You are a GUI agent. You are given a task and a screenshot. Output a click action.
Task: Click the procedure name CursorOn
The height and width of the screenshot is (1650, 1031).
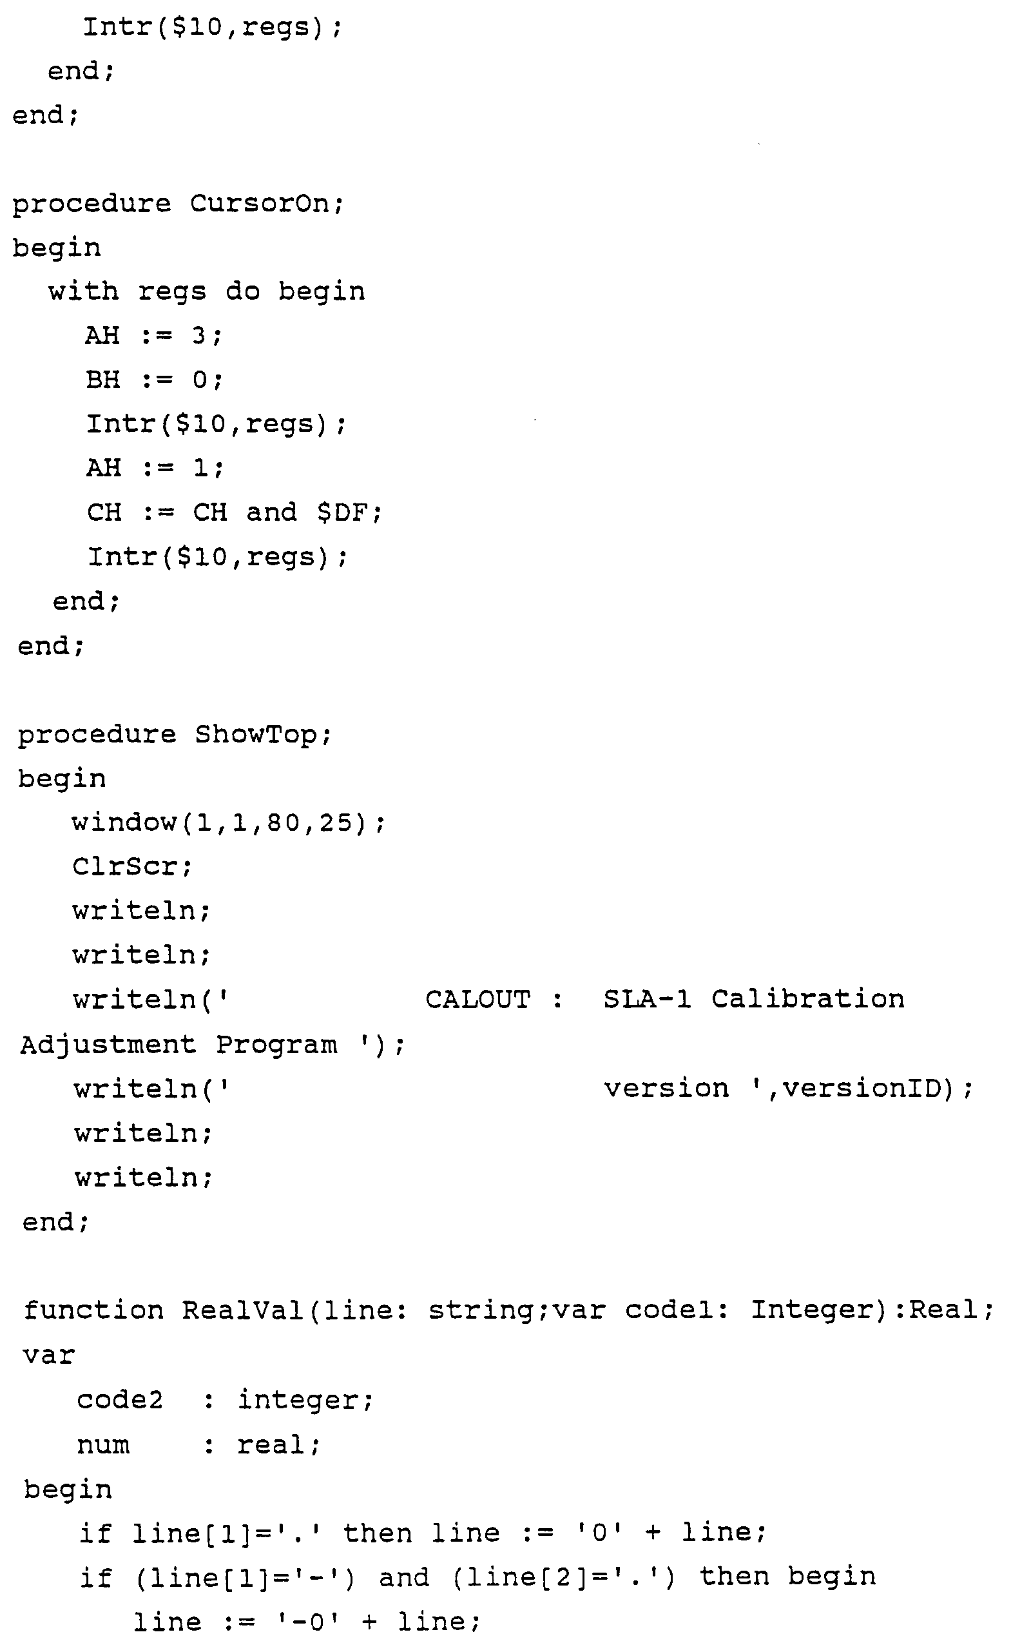(x=265, y=204)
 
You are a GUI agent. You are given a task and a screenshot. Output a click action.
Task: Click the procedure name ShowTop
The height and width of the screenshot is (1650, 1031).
(x=262, y=734)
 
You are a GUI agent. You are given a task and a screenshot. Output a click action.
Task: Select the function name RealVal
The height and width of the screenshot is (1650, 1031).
(x=242, y=1310)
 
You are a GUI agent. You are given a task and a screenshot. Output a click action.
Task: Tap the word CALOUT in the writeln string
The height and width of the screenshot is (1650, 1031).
(x=477, y=1000)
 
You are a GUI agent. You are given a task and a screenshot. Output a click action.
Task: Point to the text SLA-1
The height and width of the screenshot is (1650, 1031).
(x=647, y=1000)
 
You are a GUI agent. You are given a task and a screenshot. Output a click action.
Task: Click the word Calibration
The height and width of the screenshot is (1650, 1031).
(x=808, y=1000)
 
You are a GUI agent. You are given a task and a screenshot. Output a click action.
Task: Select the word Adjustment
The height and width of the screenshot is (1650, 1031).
(x=108, y=1045)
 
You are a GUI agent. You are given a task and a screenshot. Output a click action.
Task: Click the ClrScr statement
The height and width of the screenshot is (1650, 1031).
(x=131, y=867)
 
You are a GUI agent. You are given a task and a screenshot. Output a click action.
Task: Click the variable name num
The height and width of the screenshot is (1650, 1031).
(x=103, y=1445)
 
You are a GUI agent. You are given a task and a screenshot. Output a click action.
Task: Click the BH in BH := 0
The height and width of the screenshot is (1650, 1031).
(x=104, y=380)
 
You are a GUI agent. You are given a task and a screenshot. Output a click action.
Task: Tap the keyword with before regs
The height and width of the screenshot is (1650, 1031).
(x=83, y=292)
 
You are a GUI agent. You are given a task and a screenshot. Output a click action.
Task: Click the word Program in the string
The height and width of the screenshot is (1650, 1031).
(x=277, y=1045)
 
